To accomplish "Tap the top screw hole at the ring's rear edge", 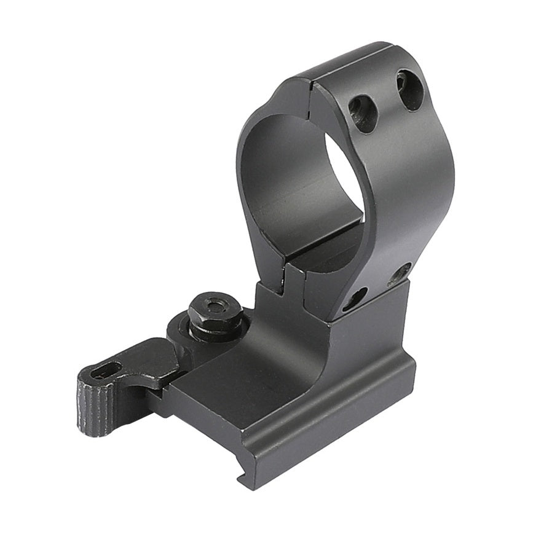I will [409, 90].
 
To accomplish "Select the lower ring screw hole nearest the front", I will [355, 299].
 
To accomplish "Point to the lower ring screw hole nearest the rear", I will [400, 273].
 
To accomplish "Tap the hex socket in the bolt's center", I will [215, 305].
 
